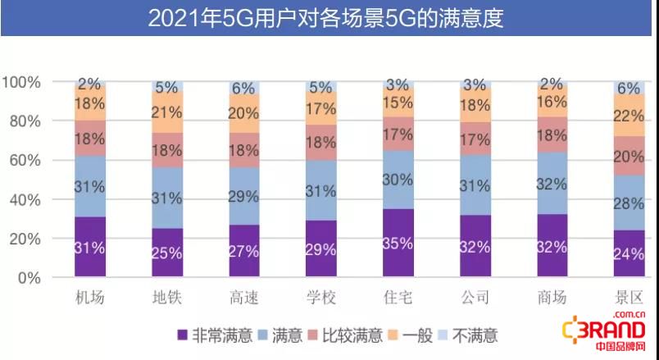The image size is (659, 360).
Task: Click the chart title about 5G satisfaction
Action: (x=325, y=18)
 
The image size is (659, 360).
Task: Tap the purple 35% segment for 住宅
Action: (x=398, y=243)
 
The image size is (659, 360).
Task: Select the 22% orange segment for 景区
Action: (x=629, y=115)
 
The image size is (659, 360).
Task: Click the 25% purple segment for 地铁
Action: (x=167, y=253)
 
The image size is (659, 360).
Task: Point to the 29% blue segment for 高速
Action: (x=244, y=196)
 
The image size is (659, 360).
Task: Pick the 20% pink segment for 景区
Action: (x=629, y=156)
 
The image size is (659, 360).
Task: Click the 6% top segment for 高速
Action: (x=244, y=88)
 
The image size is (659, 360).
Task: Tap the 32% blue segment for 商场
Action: (x=552, y=183)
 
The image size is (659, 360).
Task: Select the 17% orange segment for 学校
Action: (x=321, y=107)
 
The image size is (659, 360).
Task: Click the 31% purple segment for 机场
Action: (x=90, y=247)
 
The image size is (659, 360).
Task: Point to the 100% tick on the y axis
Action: (x=21, y=82)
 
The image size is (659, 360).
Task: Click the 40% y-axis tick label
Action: (x=25, y=200)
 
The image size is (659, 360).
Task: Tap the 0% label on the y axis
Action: (x=30, y=278)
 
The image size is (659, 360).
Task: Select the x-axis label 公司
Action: (x=475, y=298)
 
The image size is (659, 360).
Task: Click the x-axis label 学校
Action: (x=321, y=298)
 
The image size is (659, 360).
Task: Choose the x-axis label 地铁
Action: (x=167, y=298)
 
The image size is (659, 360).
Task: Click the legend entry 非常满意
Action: (x=215, y=335)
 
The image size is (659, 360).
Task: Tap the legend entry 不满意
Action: (x=468, y=335)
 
